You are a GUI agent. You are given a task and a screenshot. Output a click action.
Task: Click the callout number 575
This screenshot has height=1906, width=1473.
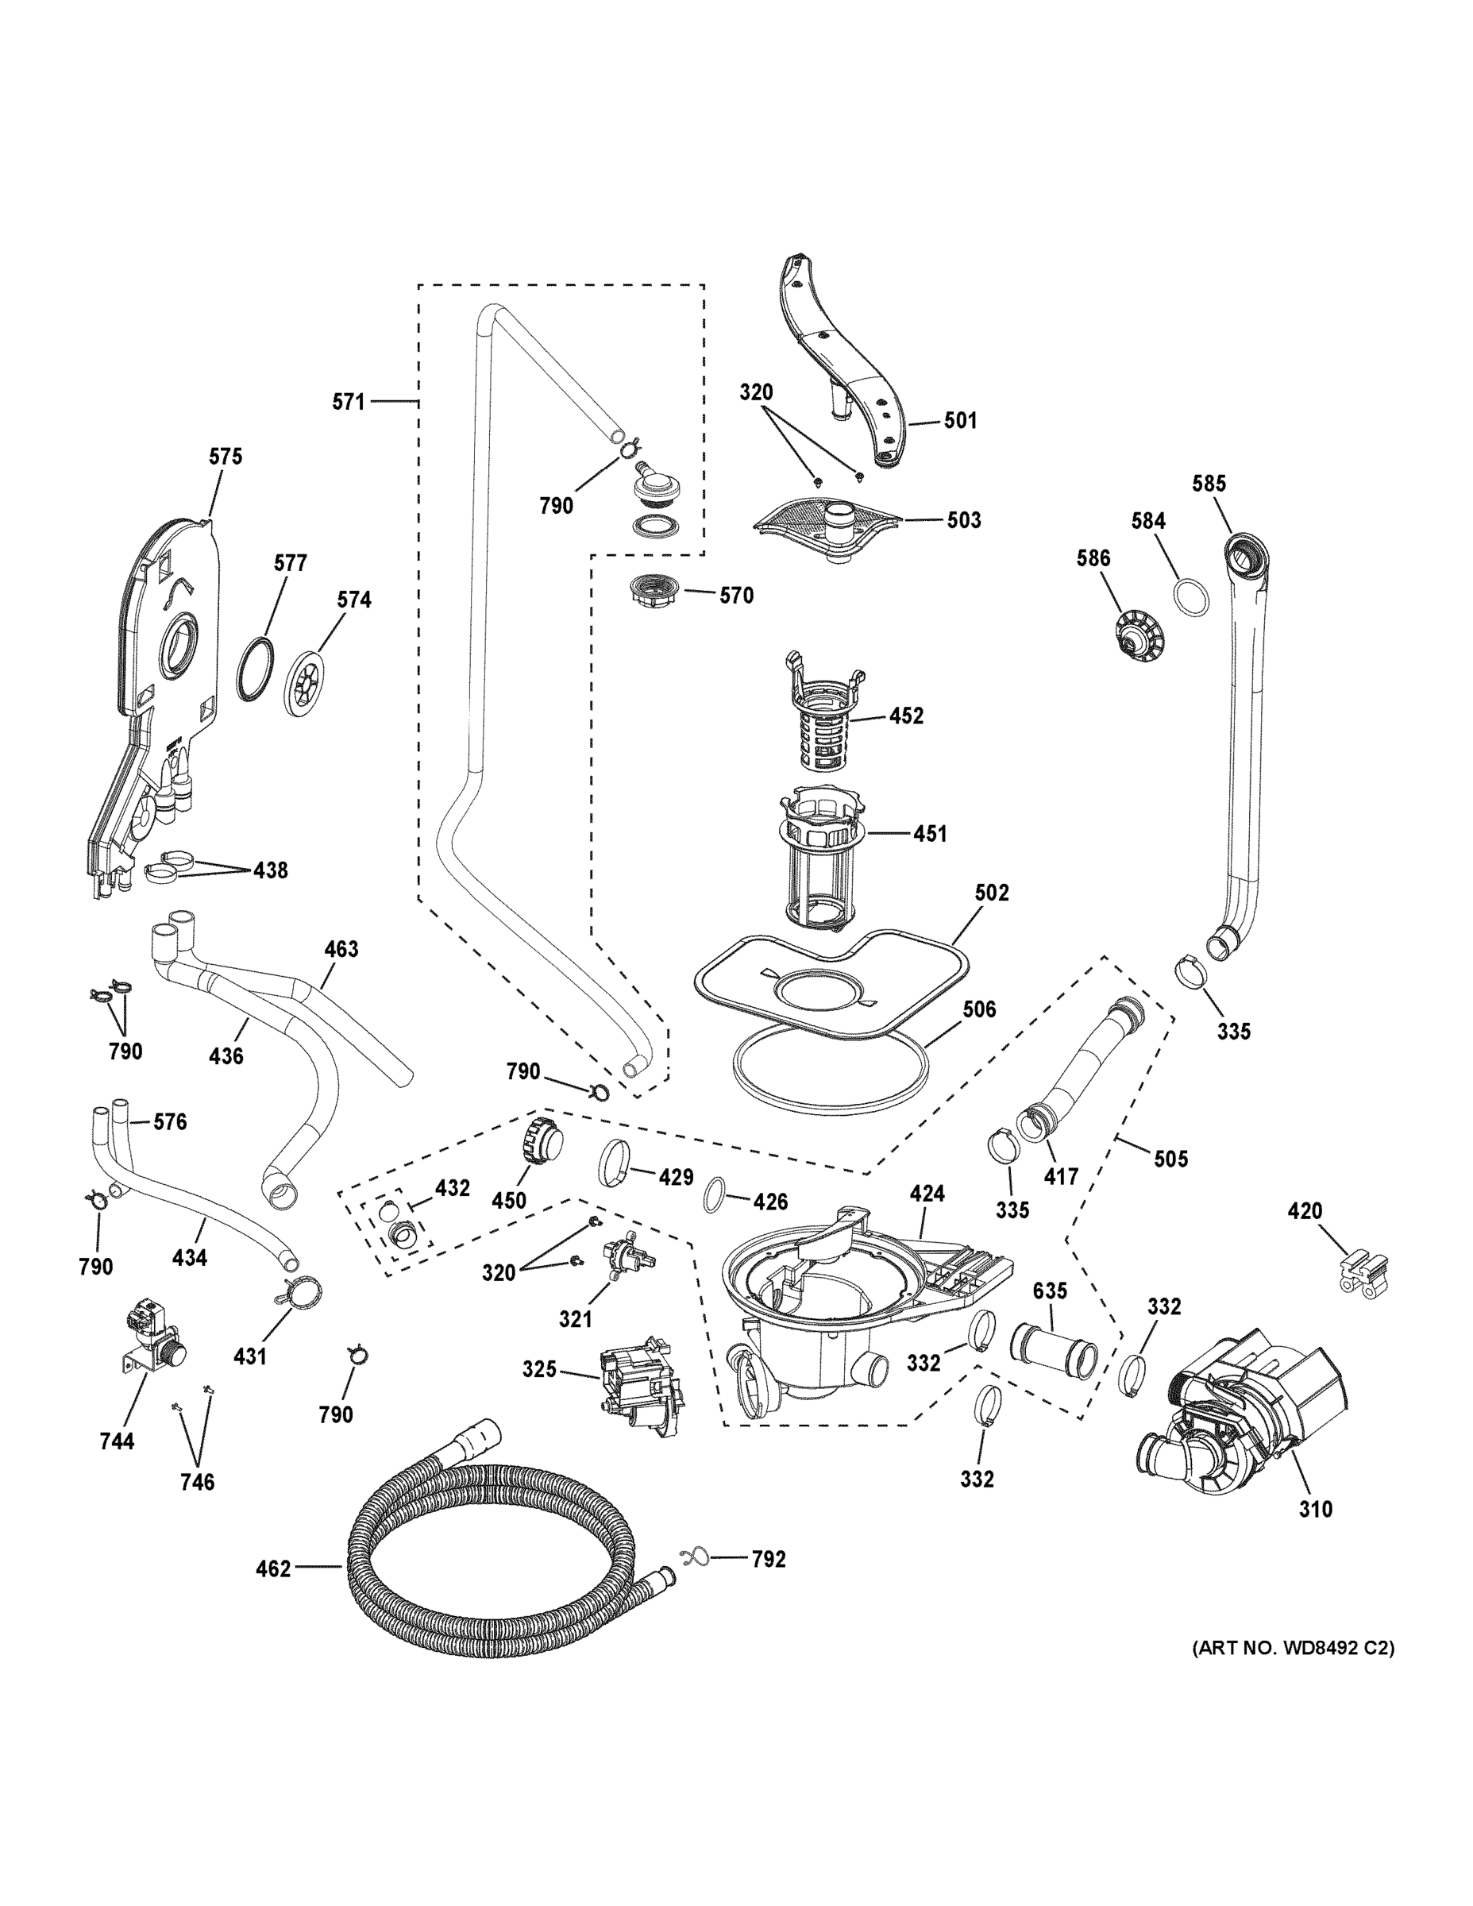(226, 457)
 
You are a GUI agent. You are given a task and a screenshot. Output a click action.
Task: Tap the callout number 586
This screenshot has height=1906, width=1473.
(1093, 558)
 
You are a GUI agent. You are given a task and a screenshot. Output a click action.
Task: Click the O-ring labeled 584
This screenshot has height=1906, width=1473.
(1192, 598)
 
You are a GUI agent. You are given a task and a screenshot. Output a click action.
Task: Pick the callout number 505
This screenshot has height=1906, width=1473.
(1170, 1158)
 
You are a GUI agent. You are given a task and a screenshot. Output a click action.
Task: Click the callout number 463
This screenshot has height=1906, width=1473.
(341, 949)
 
